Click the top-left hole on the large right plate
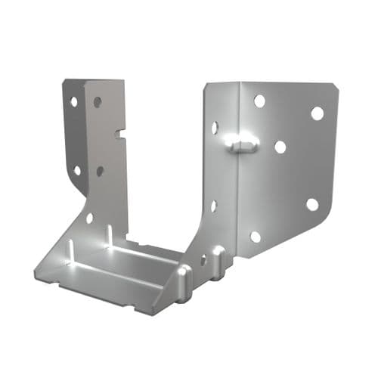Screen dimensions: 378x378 tap(259, 101)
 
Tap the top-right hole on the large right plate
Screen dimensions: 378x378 tap(317, 113)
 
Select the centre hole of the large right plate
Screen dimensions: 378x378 tap(280, 147)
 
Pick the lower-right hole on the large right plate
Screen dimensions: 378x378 tap(312, 204)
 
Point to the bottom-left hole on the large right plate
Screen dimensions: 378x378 tap(256, 237)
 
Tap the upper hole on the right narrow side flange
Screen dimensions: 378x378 tap(215, 128)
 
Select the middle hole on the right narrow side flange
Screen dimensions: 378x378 tap(213, 205)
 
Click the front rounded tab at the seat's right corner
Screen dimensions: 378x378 tap(184, 281)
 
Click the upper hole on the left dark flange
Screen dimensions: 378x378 tap(74, 101)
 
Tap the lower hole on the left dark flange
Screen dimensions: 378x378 tap(77, 170)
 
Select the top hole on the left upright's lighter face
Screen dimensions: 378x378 tap(98, 102)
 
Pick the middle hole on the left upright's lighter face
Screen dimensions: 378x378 tap(100, 171)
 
